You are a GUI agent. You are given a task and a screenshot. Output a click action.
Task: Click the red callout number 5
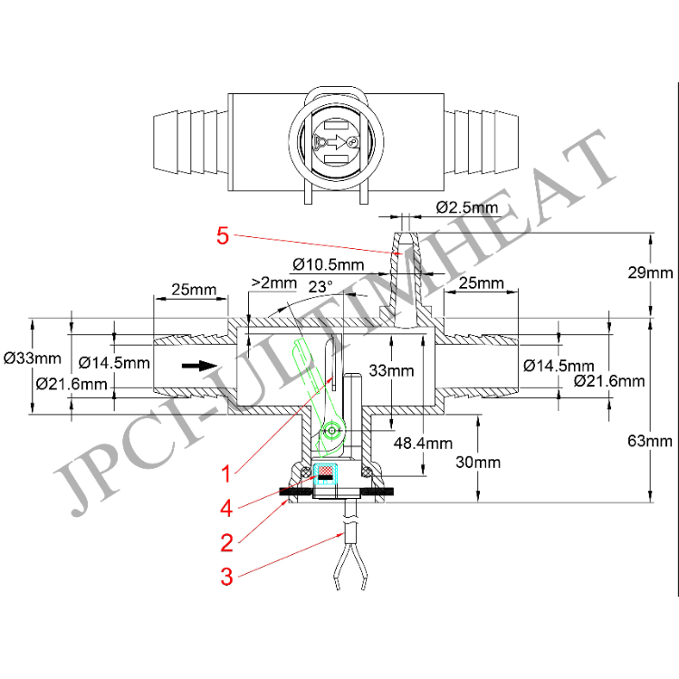tap(223, 236)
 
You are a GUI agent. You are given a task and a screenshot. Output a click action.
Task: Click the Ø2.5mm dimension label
tap(467, 207)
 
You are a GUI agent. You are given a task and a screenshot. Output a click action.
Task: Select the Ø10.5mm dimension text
tap(329, 264)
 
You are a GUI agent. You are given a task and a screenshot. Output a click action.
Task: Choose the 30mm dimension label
tap(479, 462)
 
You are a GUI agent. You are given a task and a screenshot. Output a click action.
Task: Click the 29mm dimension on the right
tap(652, 273)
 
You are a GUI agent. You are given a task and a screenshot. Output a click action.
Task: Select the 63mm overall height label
tap(652, 442)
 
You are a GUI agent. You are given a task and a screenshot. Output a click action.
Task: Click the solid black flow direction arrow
tap(194, 367)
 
